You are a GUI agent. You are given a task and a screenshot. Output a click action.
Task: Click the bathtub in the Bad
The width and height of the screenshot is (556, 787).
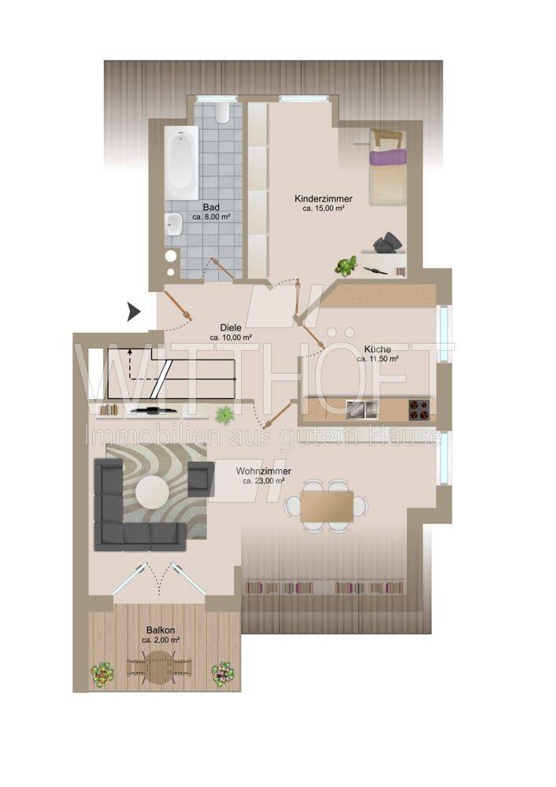pos(181,163)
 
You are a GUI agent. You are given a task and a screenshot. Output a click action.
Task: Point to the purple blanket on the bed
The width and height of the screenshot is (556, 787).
pos(387,157)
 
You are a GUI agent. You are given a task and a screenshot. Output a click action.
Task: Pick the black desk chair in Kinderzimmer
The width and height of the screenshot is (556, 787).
pos(388,242)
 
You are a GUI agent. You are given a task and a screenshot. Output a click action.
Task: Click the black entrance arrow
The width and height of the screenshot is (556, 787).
pos(133,312)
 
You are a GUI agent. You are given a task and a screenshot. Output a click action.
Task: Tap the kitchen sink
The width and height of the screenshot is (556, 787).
pos(362,409)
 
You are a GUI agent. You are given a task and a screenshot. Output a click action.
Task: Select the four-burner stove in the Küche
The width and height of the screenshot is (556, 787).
pos(419,409)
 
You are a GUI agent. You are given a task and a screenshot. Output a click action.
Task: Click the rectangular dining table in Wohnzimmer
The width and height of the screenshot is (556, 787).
pos(326,505)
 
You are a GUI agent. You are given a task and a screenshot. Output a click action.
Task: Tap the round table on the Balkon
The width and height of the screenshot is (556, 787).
pos(159,667)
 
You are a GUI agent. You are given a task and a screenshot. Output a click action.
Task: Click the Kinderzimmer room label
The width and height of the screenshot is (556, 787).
pos(324,199)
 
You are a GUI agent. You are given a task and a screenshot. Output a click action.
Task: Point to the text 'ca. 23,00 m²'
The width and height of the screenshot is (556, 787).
pos(264,481)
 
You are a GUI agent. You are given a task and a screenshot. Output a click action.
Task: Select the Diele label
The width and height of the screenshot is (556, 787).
pos(231,327)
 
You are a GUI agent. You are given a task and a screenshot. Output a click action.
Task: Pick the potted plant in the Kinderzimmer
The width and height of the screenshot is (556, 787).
pos(346,265)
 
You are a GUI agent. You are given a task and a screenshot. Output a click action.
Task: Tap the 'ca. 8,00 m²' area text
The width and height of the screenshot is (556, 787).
pos(211,217)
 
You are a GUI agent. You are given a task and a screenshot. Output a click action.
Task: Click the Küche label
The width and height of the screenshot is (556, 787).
pos(378,349)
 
